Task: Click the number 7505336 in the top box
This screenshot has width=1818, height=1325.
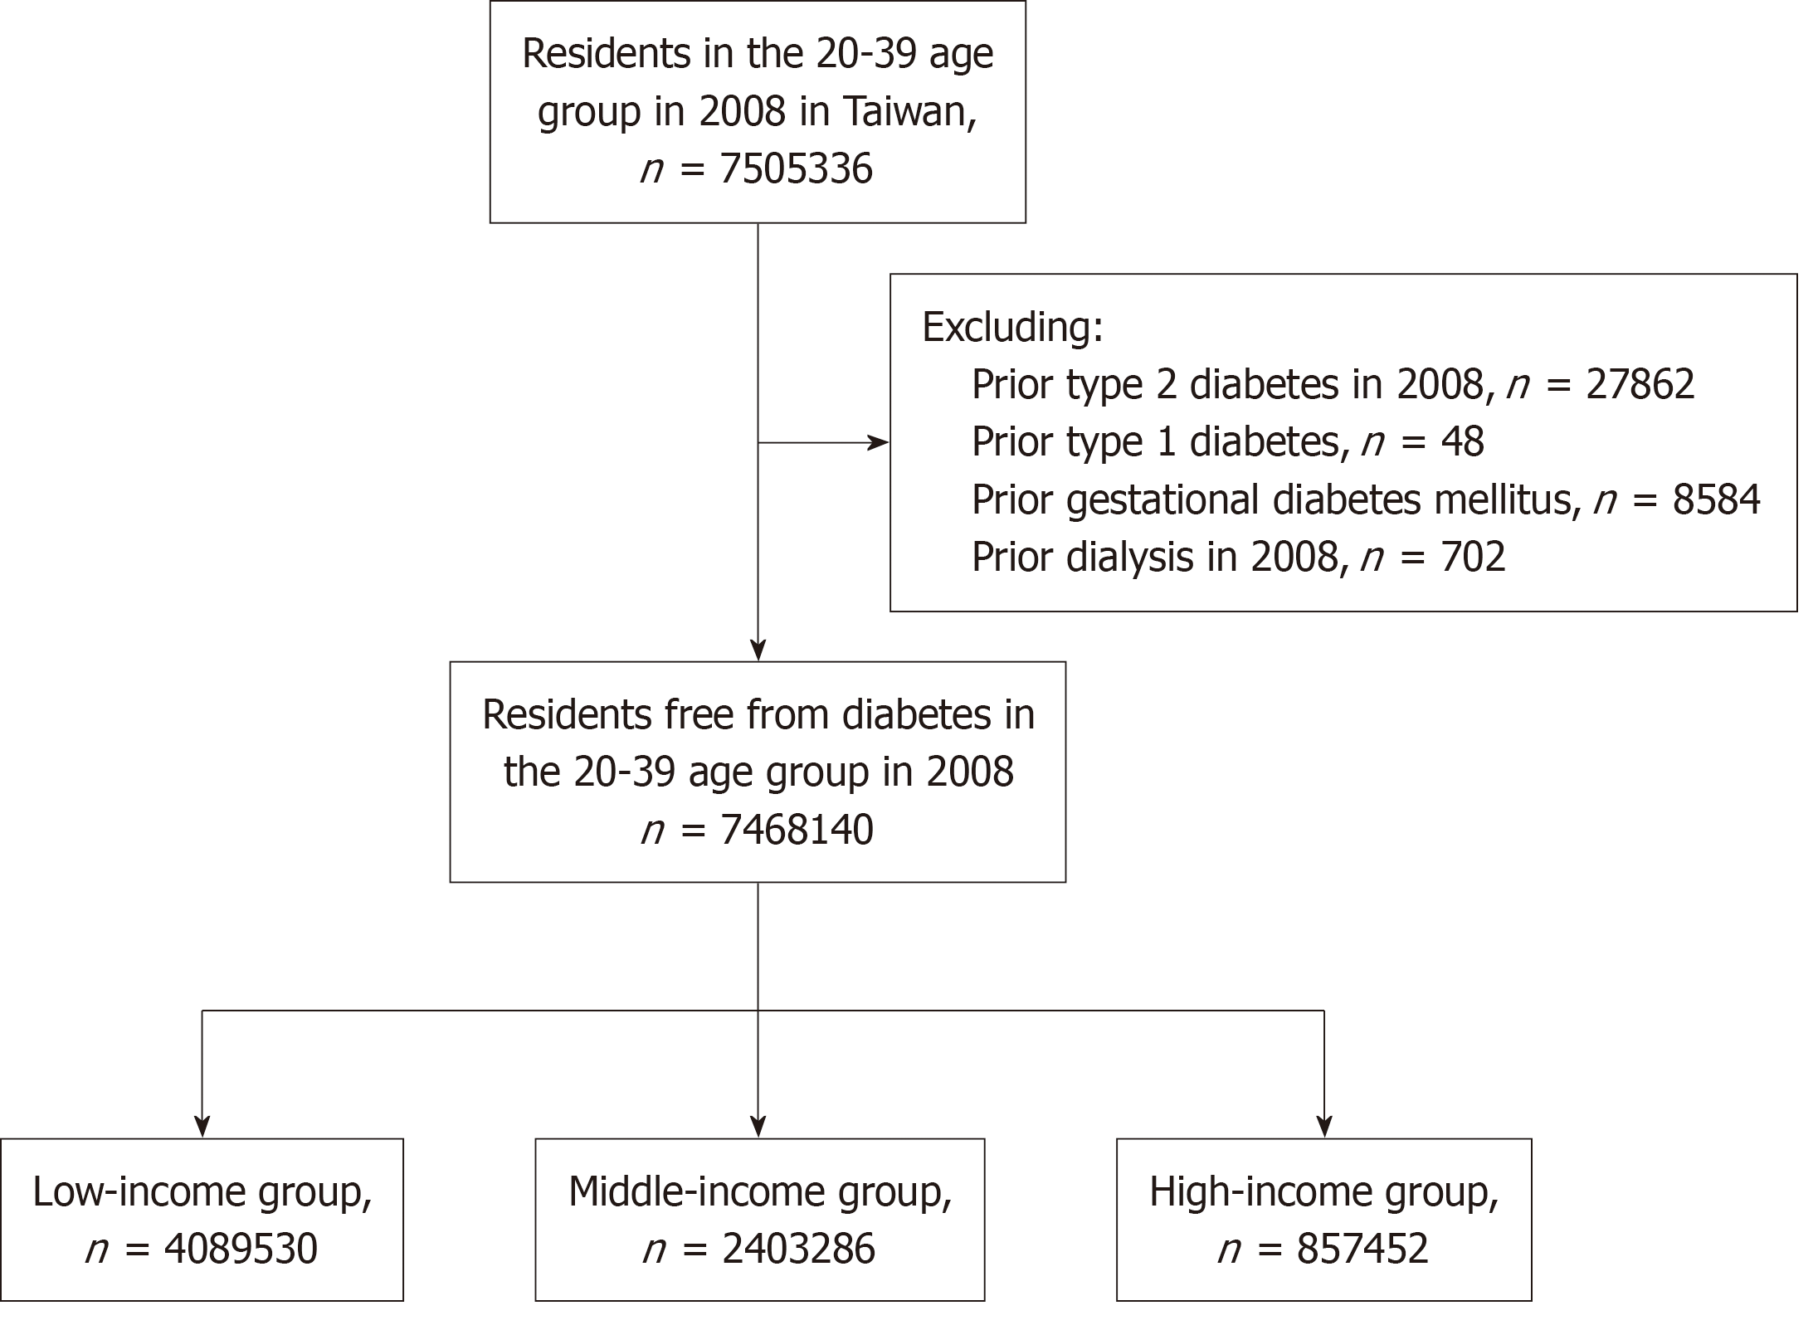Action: pos(797,169)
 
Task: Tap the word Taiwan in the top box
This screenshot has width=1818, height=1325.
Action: pos(909,111)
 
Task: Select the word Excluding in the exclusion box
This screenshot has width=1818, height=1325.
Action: pos(1012,327)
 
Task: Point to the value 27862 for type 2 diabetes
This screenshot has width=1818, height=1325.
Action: pos(1640,384)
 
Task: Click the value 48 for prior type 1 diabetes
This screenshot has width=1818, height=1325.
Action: pos(1462,441)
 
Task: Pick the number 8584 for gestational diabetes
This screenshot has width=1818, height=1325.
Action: pos(1716,499)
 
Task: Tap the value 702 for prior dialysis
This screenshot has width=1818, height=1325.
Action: pos(1473,557)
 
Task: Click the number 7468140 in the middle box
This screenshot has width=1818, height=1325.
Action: pos(797,830)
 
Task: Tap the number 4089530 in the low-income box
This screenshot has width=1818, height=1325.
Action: pos(241,1249)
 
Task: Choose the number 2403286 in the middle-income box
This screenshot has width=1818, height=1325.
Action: pos(798,1249)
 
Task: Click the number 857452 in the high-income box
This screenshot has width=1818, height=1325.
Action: pos(1362,1249)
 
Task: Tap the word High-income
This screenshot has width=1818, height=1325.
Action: pos(1260,1192)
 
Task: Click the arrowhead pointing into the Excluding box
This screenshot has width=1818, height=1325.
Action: pos(878,443)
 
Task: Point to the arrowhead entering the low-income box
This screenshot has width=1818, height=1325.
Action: pos(202,1126)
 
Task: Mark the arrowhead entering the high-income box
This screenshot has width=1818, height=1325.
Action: pos(1324,1126)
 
